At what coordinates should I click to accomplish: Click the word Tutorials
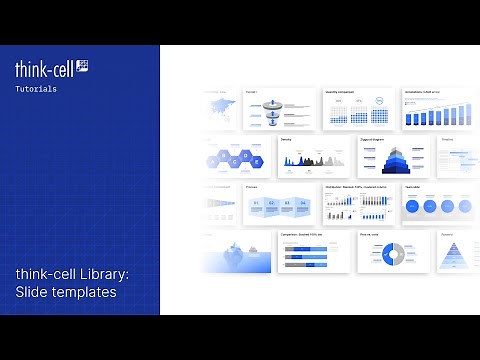[x=36, y=89]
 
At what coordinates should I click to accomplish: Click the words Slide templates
[x=65, y=292]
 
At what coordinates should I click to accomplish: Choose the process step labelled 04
[x=303, y=204]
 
